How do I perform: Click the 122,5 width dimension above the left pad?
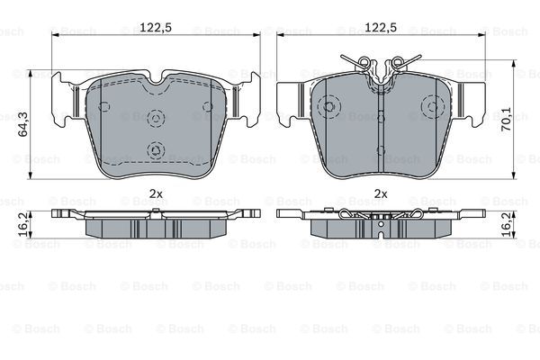point(156,27)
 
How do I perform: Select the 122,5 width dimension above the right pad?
point(381,27)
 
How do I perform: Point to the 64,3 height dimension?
point(23,124)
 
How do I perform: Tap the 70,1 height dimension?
point(506,119)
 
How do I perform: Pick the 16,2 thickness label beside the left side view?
point(23,224)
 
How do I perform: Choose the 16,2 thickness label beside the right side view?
point(506,224)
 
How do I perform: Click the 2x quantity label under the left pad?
point(156,194)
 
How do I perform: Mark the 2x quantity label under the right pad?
point(381,194)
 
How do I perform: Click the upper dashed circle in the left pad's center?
point(156,119)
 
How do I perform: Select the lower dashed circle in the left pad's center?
point(156,150)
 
